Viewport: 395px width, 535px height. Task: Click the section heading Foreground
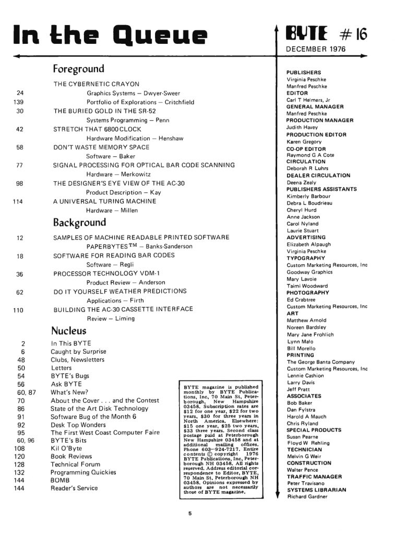tap(78, 69)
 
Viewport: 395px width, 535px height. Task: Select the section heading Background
tap(79, 223)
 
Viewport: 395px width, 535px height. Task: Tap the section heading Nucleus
tap(68, 331)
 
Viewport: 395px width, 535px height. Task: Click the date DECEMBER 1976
tap(315, 50)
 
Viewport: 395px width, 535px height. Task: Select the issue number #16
tap(353, 34)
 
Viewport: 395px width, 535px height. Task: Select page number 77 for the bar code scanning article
tap(19, 165)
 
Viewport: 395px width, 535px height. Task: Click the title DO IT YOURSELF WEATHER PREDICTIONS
tap(120, 291)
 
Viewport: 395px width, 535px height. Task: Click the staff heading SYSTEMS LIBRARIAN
tap(316, 490)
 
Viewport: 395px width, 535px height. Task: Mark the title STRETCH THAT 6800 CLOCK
tap(98, 129)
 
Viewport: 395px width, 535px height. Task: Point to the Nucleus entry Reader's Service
tap(74, 488)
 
